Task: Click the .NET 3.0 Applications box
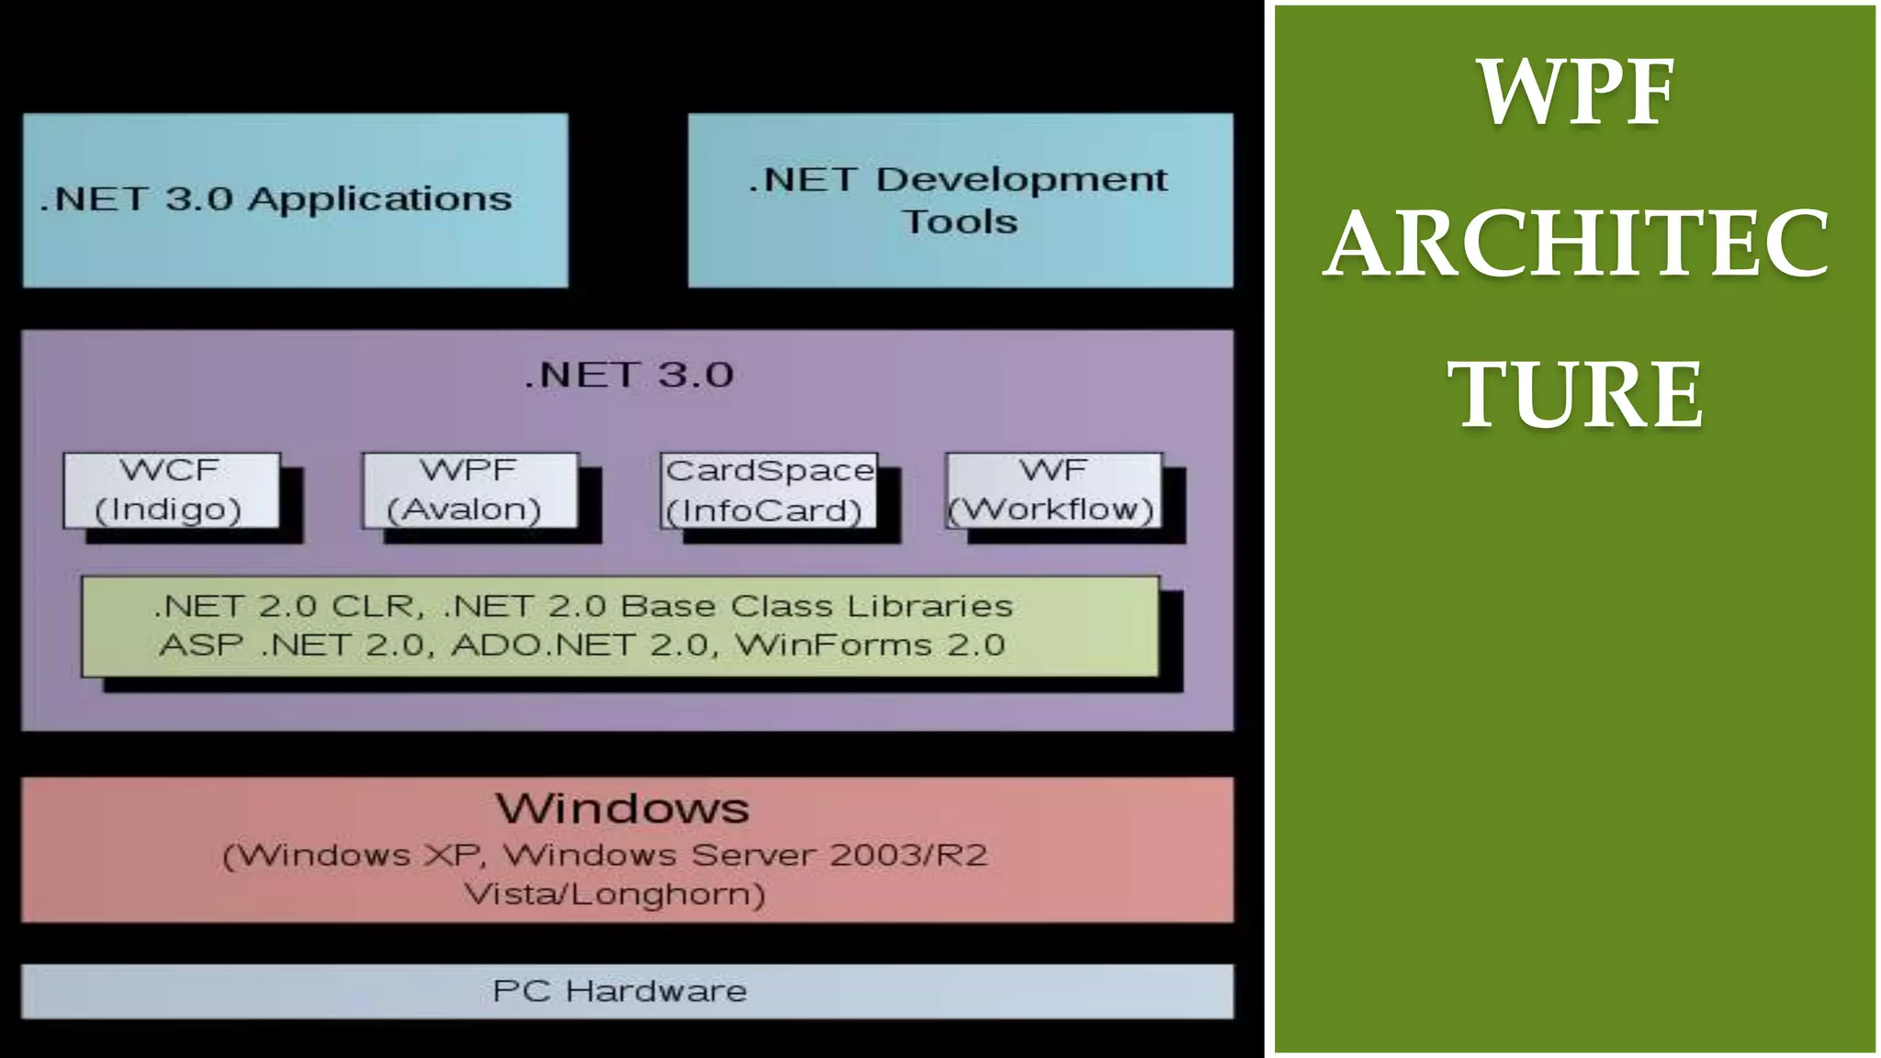click(295, 199)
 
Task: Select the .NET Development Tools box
click(960, 199)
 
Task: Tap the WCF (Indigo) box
click(171, 490)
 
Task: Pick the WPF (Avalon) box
click(469, 490)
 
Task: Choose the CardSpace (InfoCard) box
click(769, 490)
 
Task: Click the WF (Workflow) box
click(1053, 490)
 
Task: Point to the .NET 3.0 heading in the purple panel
click(629, 376)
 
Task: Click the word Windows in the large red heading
click(623, 809)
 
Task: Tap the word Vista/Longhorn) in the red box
click(614, 894)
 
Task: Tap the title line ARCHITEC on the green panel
click(1576, 243)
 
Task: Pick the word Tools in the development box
click(960, 222)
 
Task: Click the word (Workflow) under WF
click(1051, 510)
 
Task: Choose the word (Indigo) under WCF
click(168, 510)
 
